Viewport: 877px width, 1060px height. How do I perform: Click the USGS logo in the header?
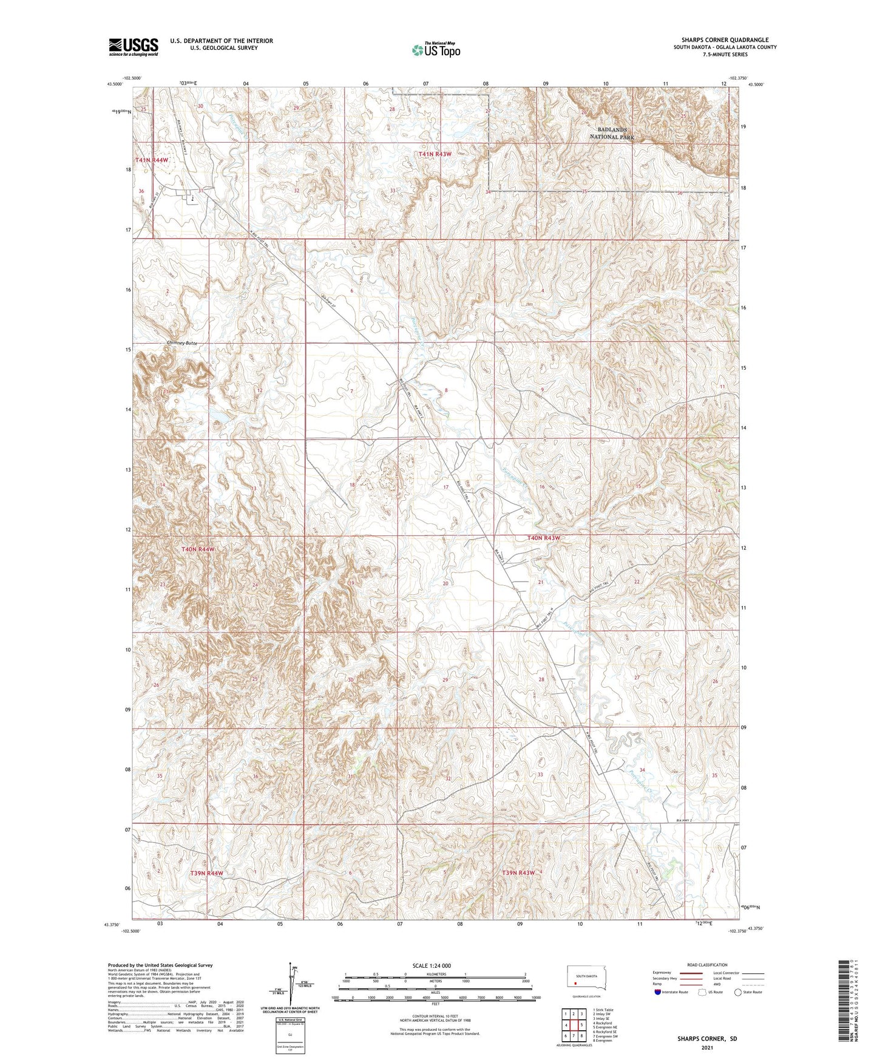[134, 47]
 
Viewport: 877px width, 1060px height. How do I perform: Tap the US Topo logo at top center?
[436, 50]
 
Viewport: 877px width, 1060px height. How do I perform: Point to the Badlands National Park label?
[612, 134]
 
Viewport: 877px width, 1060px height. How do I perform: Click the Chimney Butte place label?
[182, 344]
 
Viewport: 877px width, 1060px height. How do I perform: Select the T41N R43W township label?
[435, 154]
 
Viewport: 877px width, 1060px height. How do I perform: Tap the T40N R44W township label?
[198, 549]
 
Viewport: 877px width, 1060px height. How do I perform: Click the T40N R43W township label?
[543, 538]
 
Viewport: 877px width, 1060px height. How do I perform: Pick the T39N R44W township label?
[207, 873]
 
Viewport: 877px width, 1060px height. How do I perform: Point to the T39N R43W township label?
[518, 872]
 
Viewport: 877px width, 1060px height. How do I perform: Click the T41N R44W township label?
[152, 160]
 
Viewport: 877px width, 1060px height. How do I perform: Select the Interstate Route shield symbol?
[658, 993]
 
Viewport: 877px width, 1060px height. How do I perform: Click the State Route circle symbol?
[738, 993]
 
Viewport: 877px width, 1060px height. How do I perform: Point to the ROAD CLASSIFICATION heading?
[707, 965]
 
